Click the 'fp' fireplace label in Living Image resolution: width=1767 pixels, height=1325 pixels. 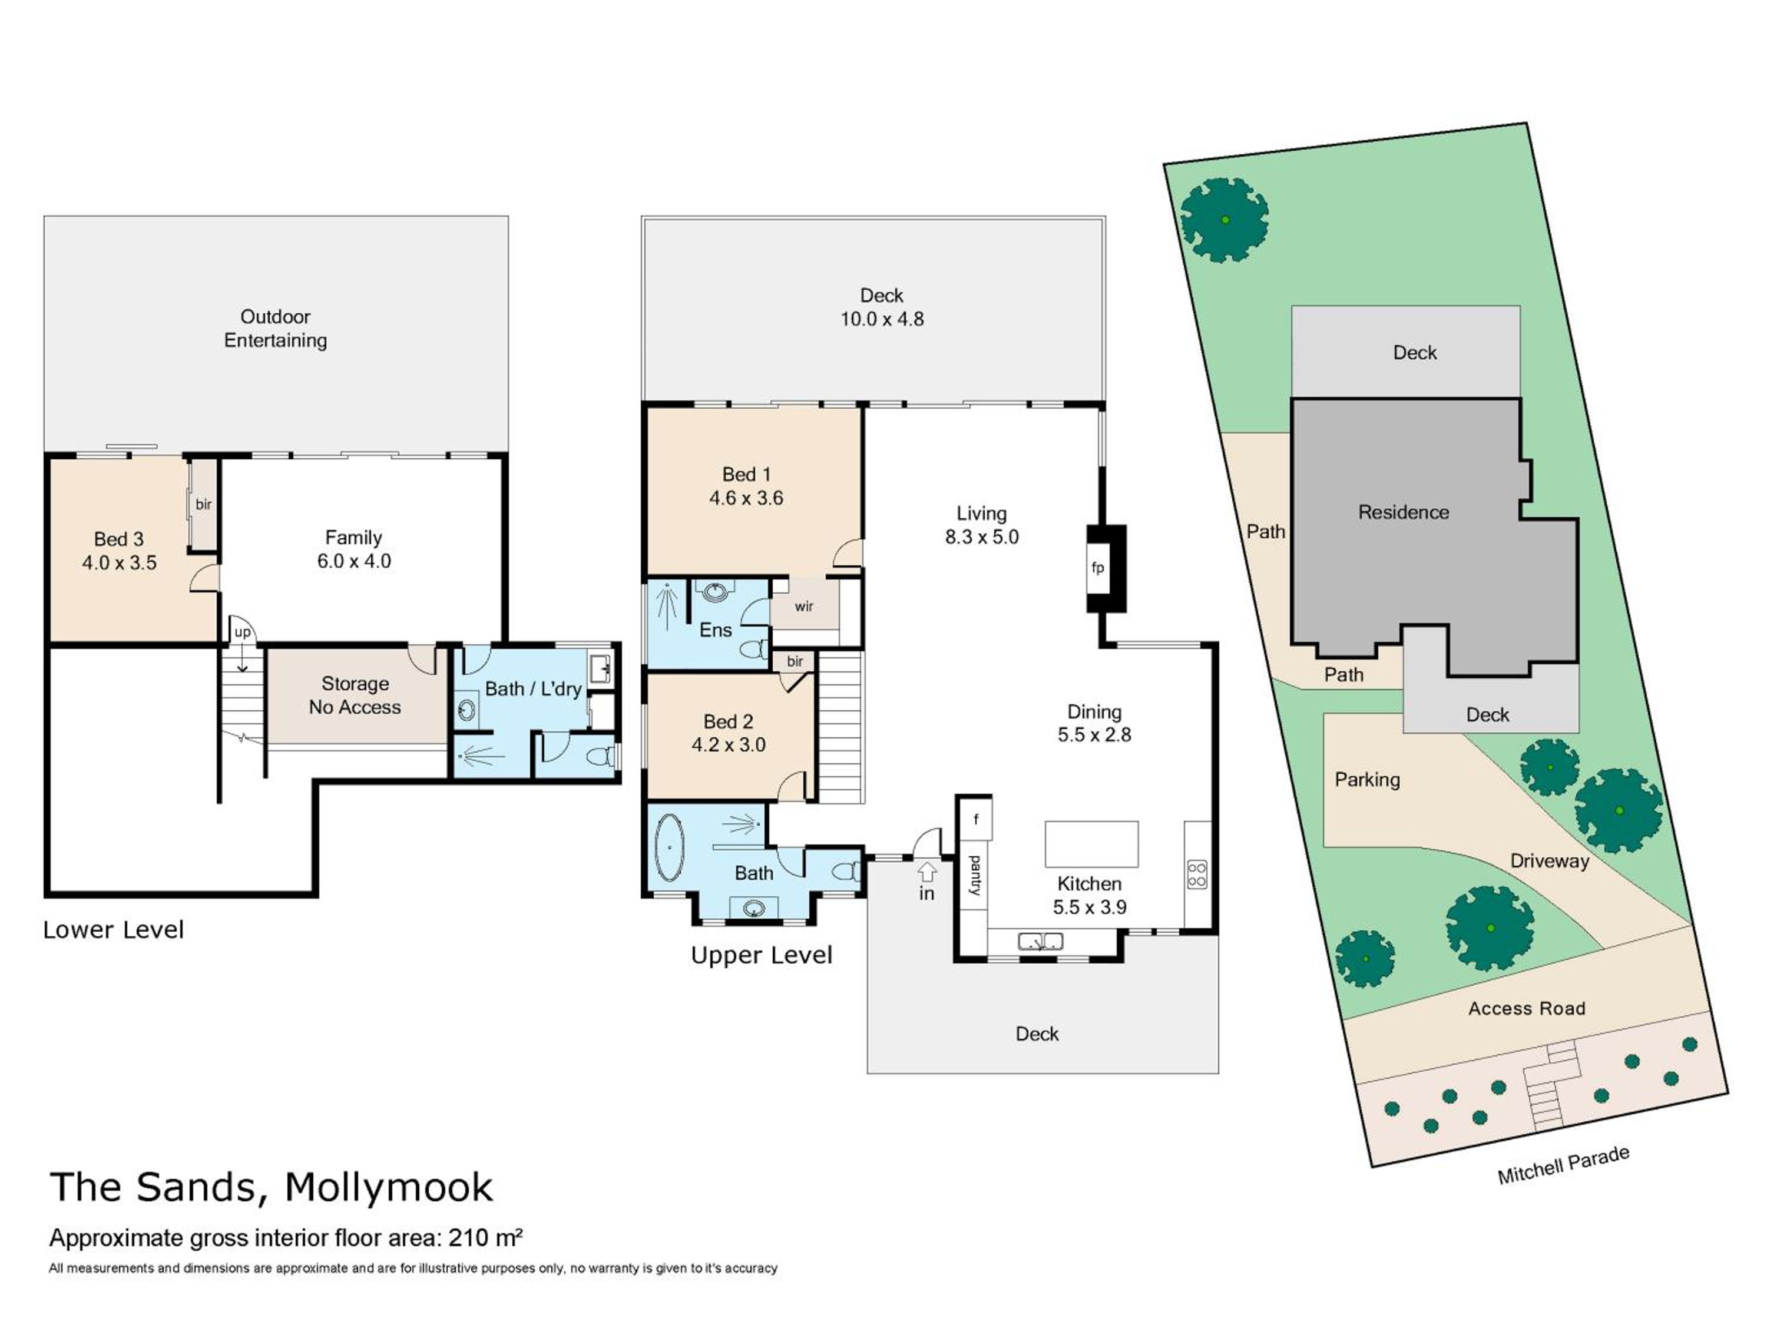(x=1097, y=568)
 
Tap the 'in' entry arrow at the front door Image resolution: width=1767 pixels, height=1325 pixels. (x=926, y=870)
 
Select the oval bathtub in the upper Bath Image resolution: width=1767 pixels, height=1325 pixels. (x=670, y=847)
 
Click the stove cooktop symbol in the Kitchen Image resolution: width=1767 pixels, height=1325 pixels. (x=1197, y=874)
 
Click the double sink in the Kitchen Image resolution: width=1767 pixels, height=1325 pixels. (x=1040, y=942)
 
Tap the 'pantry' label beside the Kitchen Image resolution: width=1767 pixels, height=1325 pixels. (x=975, y=875)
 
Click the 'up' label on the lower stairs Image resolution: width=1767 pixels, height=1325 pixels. (x=242, y=632)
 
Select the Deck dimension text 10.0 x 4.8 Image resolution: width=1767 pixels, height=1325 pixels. (x=882, y=319)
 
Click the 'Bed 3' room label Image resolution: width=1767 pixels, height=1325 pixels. (x=119, y=539)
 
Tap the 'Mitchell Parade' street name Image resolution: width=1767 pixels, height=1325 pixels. (x=1563, y=1165)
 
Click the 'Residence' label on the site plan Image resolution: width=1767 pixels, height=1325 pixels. (x=1404, y=512)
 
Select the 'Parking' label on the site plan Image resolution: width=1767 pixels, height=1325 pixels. (x=1367, y=780)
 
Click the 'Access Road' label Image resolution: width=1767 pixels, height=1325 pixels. (x=1527, y=1009)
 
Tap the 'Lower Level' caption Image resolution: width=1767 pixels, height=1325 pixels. (x=114, y=930)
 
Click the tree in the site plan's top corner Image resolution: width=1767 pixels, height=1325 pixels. (x=1225, y=220)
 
